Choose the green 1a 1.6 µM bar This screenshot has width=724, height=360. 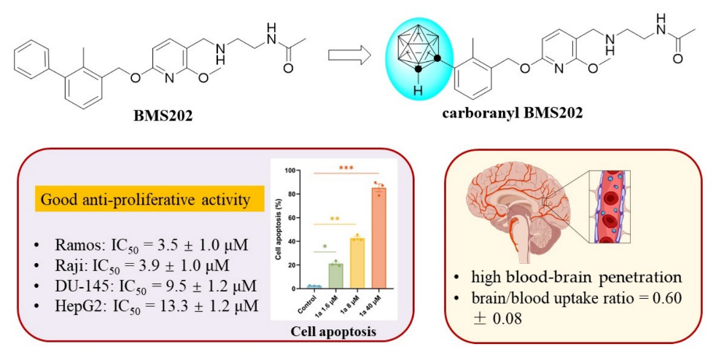tap(335, 275)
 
